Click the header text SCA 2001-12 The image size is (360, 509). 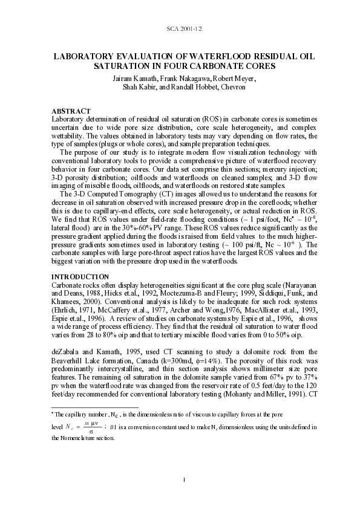click(180, 29)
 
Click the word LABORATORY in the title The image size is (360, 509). click(83, 56)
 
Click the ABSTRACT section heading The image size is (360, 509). click(71, 111)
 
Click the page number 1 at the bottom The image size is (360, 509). click(180, 479)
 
